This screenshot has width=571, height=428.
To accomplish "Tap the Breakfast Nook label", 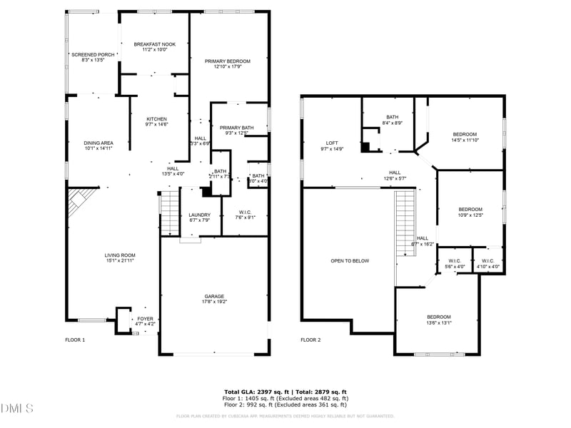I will click(x=154, y=44).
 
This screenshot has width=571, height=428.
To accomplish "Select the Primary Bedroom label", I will click(x=228, y=61).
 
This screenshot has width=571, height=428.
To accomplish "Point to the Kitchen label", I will click(x=157, y=119).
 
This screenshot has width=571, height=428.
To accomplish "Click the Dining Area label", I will click(x=98, y=143).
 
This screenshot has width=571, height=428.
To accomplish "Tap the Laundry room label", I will click(x=199, y=215).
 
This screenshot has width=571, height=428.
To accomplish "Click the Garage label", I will click(x=214, y=296).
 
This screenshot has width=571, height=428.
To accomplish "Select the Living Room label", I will click(x=121, y=255).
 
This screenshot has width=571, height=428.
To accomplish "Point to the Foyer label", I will click(x=146, y=319).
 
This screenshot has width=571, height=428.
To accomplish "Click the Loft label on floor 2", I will click(x=332, y=143).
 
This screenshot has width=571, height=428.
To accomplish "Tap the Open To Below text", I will click(x=350, y=261).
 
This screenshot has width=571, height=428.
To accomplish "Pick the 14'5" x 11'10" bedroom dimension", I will click(x=465, y=141).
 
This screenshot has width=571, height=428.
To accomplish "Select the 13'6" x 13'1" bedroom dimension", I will click(x=439, y=323).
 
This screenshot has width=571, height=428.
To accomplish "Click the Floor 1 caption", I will click(x=75, y=340).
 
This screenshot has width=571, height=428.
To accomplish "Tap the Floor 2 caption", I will click(x=310, y=340).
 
